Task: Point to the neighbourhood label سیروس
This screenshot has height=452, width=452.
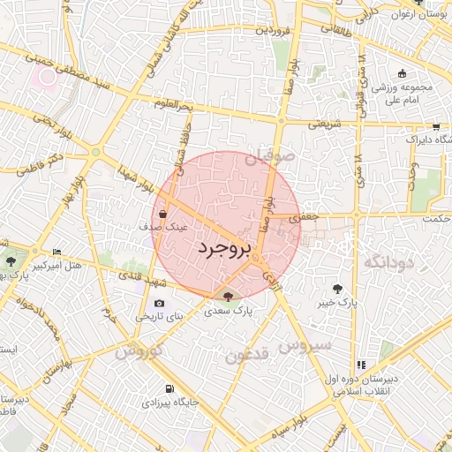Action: [305, 343]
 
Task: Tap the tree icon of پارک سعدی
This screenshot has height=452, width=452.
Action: [229, 297]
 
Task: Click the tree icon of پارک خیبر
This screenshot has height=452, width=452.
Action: [337, 288]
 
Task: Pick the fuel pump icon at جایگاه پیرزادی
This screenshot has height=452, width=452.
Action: [169, 388]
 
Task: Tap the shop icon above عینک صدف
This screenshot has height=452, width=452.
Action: [164, 213]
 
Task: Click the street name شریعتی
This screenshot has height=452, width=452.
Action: [324, 125]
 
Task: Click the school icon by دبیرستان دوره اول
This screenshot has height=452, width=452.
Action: [360, 365]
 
